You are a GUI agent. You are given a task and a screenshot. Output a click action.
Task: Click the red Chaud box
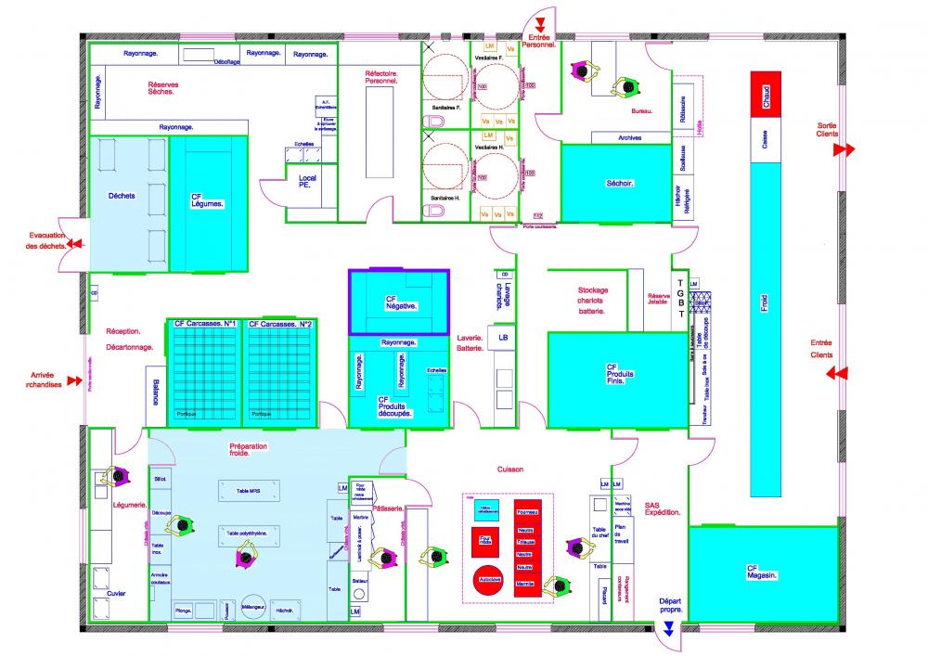(767, 93)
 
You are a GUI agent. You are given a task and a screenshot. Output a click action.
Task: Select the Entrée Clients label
(821, 348)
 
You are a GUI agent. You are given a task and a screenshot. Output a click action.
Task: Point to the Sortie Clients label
(827, 130)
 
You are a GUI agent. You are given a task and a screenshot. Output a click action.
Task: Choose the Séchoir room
(617, 184)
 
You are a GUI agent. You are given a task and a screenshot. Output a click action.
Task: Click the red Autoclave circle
(485, 577)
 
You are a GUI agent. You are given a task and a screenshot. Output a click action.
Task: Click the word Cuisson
(510, 469)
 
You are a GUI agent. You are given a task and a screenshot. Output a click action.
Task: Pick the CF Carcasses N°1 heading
(203, 324)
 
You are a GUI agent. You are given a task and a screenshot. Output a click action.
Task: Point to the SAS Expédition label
(662, 508)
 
